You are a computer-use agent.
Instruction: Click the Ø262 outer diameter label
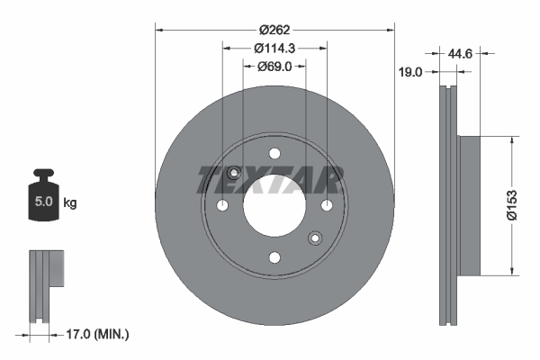point(274,30)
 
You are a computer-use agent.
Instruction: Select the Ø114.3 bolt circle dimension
point(274,49)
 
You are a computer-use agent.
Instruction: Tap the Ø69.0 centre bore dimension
point(274,66)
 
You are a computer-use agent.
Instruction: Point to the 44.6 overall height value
point(460,54)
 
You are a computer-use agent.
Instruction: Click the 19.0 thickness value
point(410,72)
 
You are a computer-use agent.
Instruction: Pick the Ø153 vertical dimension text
point(512,204)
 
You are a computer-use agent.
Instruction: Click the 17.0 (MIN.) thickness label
point(97,334)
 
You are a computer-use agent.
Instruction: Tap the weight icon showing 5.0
point(43,194)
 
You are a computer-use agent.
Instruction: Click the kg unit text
point(70,202)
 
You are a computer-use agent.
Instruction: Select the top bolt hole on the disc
point(274,153)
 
